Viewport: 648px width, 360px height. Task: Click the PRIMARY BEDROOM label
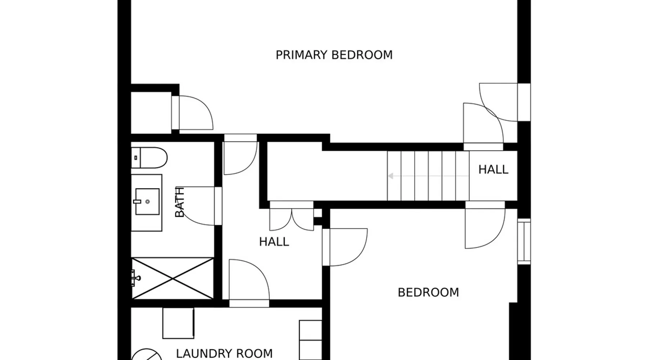pyautogui.click(x=334, y=55)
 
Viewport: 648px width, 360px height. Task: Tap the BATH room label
pyautogui.click(x=179, y=202)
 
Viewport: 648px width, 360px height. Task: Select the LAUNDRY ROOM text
pyautogui.click(x=224, y=354)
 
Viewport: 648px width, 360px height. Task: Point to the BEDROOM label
pyautogui.click(x=428, y=292)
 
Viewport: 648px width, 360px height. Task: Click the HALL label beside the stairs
pyautogui.click(x=493, y=170)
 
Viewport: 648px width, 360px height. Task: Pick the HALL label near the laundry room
pyautogui.click(x=274, y=242)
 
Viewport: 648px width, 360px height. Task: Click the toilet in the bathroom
pyautogui.click(x=149, y=158)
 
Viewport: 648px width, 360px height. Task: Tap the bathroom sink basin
pyautogui.click(x=147, y=202)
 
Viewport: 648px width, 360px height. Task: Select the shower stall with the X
pyautogui.click(x=172, y=278)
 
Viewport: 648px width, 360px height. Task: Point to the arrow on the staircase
pyautogui.click(x=428, y=176)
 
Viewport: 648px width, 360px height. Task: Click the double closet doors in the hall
pyautogui.click(x=292, y=216)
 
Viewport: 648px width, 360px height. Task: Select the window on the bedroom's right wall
pyautogui.click(x=524, y=241)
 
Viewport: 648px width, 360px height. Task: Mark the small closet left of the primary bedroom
pyautogui.click(x=151, y=113)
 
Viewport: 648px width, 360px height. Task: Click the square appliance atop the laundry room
pyautogui.click(x=179, y=323)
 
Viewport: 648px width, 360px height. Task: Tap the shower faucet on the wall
pyautogui.click(x=136, y=278)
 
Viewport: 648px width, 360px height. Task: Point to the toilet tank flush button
pyautogui.click(x=135, y=158)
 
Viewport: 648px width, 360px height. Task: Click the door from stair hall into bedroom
pyautogui.click(x=485, y=225)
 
